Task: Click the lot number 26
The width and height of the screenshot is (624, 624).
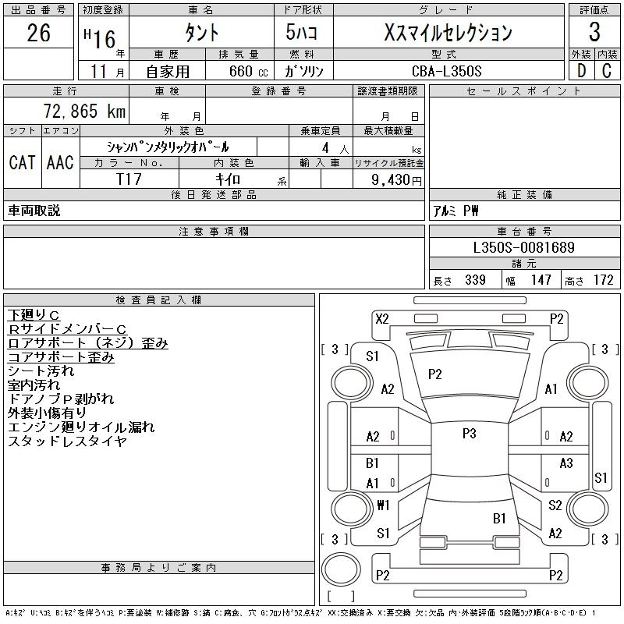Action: pos(38,33)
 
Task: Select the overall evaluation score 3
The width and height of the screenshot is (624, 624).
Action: pos(594,33)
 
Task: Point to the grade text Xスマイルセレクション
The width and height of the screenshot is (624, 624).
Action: pos(449,33)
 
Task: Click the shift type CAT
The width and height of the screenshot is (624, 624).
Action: pos(23,162)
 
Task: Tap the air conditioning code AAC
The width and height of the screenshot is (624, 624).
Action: pos(60,162)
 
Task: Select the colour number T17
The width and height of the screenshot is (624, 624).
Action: pos(129,179)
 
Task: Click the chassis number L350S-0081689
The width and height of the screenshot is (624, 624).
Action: pos(524,248)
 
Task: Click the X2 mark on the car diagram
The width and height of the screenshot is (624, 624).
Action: pos(381,318)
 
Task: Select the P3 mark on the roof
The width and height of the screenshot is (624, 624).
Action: pos(469,434)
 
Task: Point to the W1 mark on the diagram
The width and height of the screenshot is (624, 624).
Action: pos(383,505)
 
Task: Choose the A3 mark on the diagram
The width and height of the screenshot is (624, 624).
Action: pos(566,463)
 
